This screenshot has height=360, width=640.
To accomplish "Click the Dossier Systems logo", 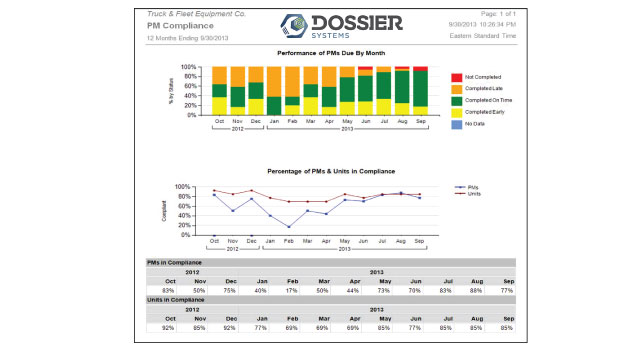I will tap(318, 25).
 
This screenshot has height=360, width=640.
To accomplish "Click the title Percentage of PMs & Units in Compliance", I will tap(319, 171).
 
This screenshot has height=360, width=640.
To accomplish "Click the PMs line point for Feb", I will tap(289, 227).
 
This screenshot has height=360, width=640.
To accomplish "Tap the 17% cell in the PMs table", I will tap(290, 290).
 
